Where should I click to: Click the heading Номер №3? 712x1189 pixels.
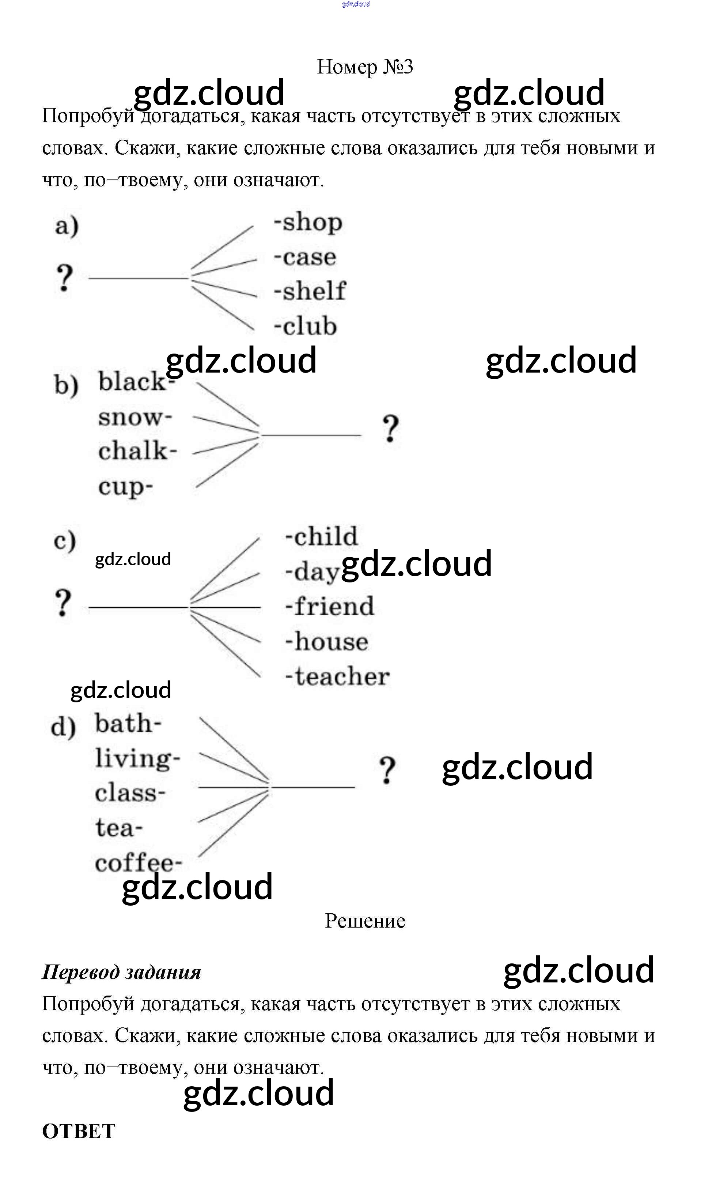click(365, 67)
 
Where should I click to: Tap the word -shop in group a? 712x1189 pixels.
click(308, 223)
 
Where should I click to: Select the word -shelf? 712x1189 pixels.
click(310, 291)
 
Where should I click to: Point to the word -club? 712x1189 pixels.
click(306, 326)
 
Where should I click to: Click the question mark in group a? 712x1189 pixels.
click(64, 278)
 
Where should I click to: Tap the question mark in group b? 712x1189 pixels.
click(391, 429)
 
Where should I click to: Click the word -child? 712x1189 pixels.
click(321, 536)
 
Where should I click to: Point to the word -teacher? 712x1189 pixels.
click(337, 676)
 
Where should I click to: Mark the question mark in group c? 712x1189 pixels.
click(63, 603)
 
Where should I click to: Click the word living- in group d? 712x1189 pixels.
click(137, 759)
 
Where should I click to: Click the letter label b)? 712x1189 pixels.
click(66, 385)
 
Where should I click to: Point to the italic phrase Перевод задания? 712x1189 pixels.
click(121, 973)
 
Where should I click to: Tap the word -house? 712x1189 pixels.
click(327, 642)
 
